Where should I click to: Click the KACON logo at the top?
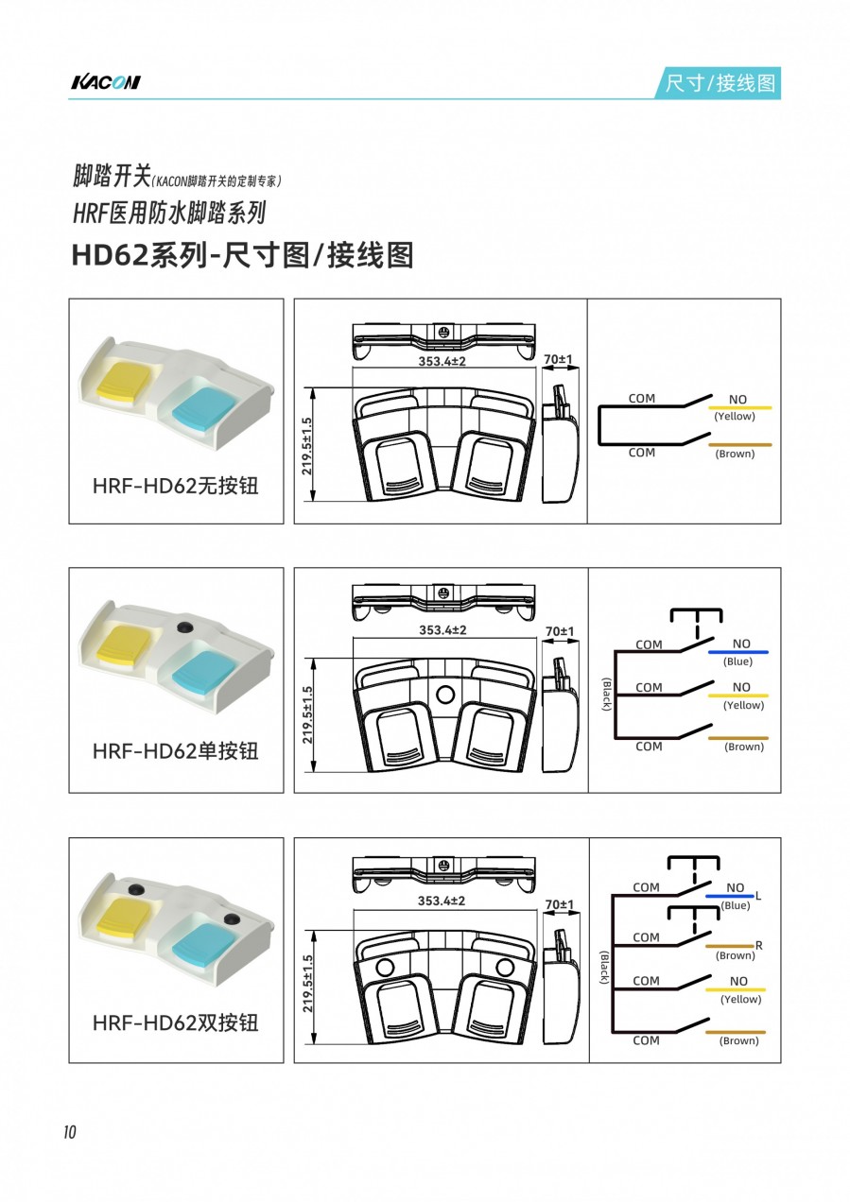tap(106, 82)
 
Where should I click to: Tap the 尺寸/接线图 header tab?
tap(720, 83)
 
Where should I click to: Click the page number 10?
tap(70, 1132)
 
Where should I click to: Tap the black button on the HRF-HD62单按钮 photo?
tap(184, 627)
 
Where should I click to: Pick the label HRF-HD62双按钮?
tap(176, 1022)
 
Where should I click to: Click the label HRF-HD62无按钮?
tap(176, 486)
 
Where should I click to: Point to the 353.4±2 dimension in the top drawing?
tap(442, 361)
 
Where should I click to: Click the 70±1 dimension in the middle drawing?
tap(560, 631)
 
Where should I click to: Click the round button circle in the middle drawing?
tap(445, 695)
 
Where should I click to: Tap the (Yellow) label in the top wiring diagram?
tap(734, 417)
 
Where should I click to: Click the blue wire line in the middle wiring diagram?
tap(737, 652)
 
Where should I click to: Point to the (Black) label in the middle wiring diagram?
tap(606, 695)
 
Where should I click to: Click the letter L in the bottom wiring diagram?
tap(758, 896)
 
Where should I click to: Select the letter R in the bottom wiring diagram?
tap(758, 946)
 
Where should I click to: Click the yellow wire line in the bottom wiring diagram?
tap(735, 989)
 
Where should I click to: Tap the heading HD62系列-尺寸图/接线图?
tap(242, 255)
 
